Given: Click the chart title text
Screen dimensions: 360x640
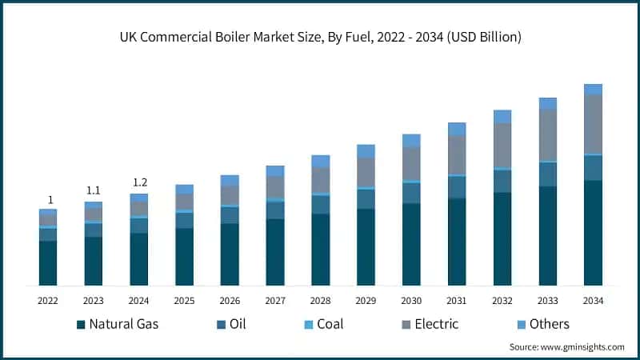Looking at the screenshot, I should pyautogui.click(x=320, y=38).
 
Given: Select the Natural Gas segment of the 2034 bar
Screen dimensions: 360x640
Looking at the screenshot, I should pyautogui.click(x=593, y=232).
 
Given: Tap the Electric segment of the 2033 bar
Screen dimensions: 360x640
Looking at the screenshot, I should pyautogui.click(x=547, y=134).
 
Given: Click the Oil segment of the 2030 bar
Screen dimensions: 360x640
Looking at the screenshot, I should pyautogui.click(x=411, y=193).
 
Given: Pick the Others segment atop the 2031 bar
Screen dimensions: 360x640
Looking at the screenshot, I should pyautogui.click(x=457, y=129).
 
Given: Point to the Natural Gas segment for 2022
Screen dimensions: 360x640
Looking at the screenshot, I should pyautogui.click(x=48, y=262).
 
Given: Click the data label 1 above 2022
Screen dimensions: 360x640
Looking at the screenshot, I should pyautogui.click(x=50, y=200).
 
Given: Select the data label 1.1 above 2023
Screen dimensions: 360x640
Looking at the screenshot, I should pyautogui.click(x=93, y=190).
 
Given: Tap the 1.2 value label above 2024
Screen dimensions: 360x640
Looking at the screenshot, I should pyautogui.click(x=138, y=182).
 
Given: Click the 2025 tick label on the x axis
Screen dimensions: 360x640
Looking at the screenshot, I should pyautogui.click(x=184, y=301).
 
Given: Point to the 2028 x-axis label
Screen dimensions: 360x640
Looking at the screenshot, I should pyautogui.click(x=320, y=301).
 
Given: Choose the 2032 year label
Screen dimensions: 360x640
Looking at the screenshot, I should pyautogui.click(x=502, y=301).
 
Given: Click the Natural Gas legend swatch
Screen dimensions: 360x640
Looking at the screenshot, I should pyautogui.click(x=81, y=324).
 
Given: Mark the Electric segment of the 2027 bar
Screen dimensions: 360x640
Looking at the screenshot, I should pyautogui.click(x=275, y=186).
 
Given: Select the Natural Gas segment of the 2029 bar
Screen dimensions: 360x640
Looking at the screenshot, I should pyautogui.click(x=366, y=246).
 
